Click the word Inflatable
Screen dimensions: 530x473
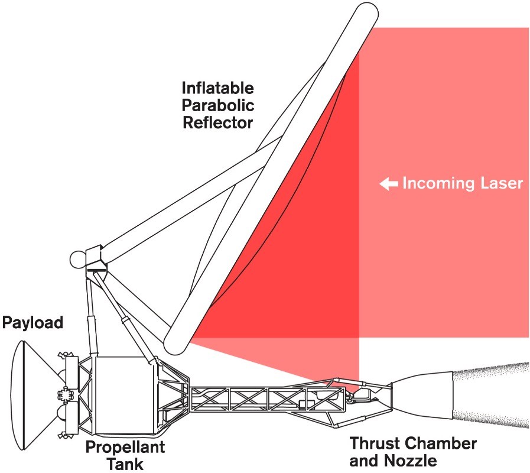[x=217, y=88]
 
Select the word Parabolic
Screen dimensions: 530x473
[x=217, y=105]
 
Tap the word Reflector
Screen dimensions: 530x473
[x=217, y=122]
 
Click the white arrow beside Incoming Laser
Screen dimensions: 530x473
[x=389, y=184]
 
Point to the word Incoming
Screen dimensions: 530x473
[x=438, y=184]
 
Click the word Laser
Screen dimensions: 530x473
[x=502, y=183]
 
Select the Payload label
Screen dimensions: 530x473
[x=32, y=323]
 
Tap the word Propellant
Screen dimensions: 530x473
[x=125, y=448]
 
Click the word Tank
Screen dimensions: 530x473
[x=125, y=464]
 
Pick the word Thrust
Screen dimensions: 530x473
[x=375, y=443]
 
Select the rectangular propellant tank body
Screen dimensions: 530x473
[x=125, y=395]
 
